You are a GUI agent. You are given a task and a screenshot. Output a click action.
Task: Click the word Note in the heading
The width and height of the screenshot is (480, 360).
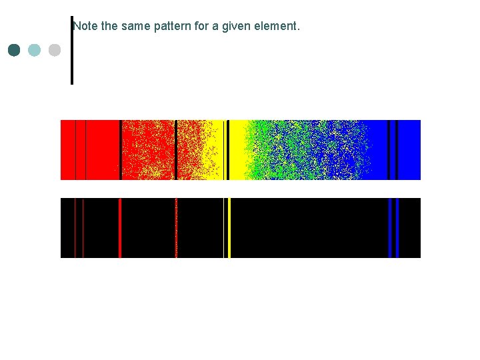click(x=85, y=27)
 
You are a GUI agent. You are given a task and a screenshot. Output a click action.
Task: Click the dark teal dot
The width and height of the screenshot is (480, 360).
click(x=14, y=50)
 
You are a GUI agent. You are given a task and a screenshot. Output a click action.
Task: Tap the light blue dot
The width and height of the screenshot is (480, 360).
click(x=35, y=50)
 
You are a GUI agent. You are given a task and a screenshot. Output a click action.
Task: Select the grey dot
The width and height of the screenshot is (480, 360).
click(x=55, y=50)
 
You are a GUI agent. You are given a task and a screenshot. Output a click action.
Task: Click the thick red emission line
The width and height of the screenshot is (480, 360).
click(x=120, y=227)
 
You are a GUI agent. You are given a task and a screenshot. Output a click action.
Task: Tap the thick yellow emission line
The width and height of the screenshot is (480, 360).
click(x=229, y=227)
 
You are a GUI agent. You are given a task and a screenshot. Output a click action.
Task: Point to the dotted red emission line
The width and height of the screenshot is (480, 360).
click(x=176, y=227)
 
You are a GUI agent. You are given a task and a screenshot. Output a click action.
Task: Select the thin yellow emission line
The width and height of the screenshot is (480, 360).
click(x=223, y=227)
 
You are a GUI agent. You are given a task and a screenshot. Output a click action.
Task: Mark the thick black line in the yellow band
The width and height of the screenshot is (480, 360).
click(x=228, y=149)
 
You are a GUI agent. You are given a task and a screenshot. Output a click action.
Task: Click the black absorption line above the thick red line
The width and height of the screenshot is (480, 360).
click(x=120, y=149)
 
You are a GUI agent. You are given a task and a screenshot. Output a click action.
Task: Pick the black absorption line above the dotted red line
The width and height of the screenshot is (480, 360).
click(x=176, y=149)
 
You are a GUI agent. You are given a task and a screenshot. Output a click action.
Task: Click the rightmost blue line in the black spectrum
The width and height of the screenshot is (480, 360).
click(x=397, y=227)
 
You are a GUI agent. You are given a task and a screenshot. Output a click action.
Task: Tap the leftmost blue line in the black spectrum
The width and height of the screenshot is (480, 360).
click(x=389, y=227)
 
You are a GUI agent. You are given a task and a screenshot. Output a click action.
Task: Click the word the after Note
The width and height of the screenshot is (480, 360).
click(x=109, y=27)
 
